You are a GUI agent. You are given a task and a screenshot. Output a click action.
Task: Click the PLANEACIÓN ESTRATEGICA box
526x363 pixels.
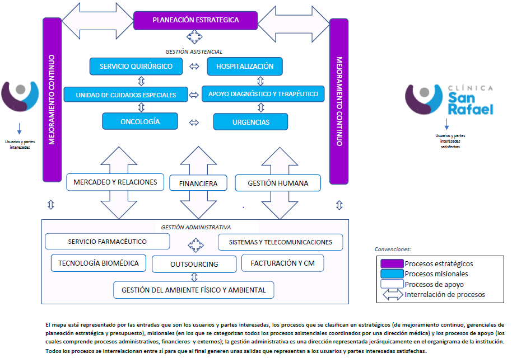tap(195, 20)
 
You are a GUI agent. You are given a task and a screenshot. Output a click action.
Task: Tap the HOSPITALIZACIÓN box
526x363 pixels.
tap(245, 67)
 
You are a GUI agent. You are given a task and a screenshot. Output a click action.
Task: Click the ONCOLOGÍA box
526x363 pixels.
tap(140, 121)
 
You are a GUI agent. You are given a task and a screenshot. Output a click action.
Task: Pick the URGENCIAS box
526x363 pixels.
tap(250, 122)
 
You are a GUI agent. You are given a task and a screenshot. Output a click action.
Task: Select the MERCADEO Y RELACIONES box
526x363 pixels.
tap(115, 182)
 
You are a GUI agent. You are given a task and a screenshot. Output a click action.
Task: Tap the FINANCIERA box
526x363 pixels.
tap(198, 183)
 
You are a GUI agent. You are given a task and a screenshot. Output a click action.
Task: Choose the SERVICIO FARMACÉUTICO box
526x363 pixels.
tap(107, 242)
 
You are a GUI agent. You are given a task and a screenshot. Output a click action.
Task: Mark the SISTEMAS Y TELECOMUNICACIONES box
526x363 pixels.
tap(281, 242)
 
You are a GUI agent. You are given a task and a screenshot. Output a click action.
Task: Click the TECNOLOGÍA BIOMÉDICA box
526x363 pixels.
tap(99, 263)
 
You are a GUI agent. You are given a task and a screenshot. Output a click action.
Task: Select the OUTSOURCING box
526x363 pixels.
tap(194, 264)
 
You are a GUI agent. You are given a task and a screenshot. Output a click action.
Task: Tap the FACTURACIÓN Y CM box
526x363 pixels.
tap(282, 263)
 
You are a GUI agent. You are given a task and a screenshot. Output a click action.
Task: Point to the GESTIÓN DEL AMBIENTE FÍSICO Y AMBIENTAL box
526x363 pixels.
tap(194, 290)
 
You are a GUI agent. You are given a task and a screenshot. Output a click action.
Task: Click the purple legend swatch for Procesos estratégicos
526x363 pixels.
tap(392, 263)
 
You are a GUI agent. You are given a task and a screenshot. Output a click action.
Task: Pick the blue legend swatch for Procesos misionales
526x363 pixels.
tap(392, 274)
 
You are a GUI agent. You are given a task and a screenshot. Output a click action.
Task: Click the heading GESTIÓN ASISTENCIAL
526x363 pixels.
tap(194, 51)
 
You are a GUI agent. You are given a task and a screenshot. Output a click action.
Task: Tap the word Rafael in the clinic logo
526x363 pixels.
tap(471, 110)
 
